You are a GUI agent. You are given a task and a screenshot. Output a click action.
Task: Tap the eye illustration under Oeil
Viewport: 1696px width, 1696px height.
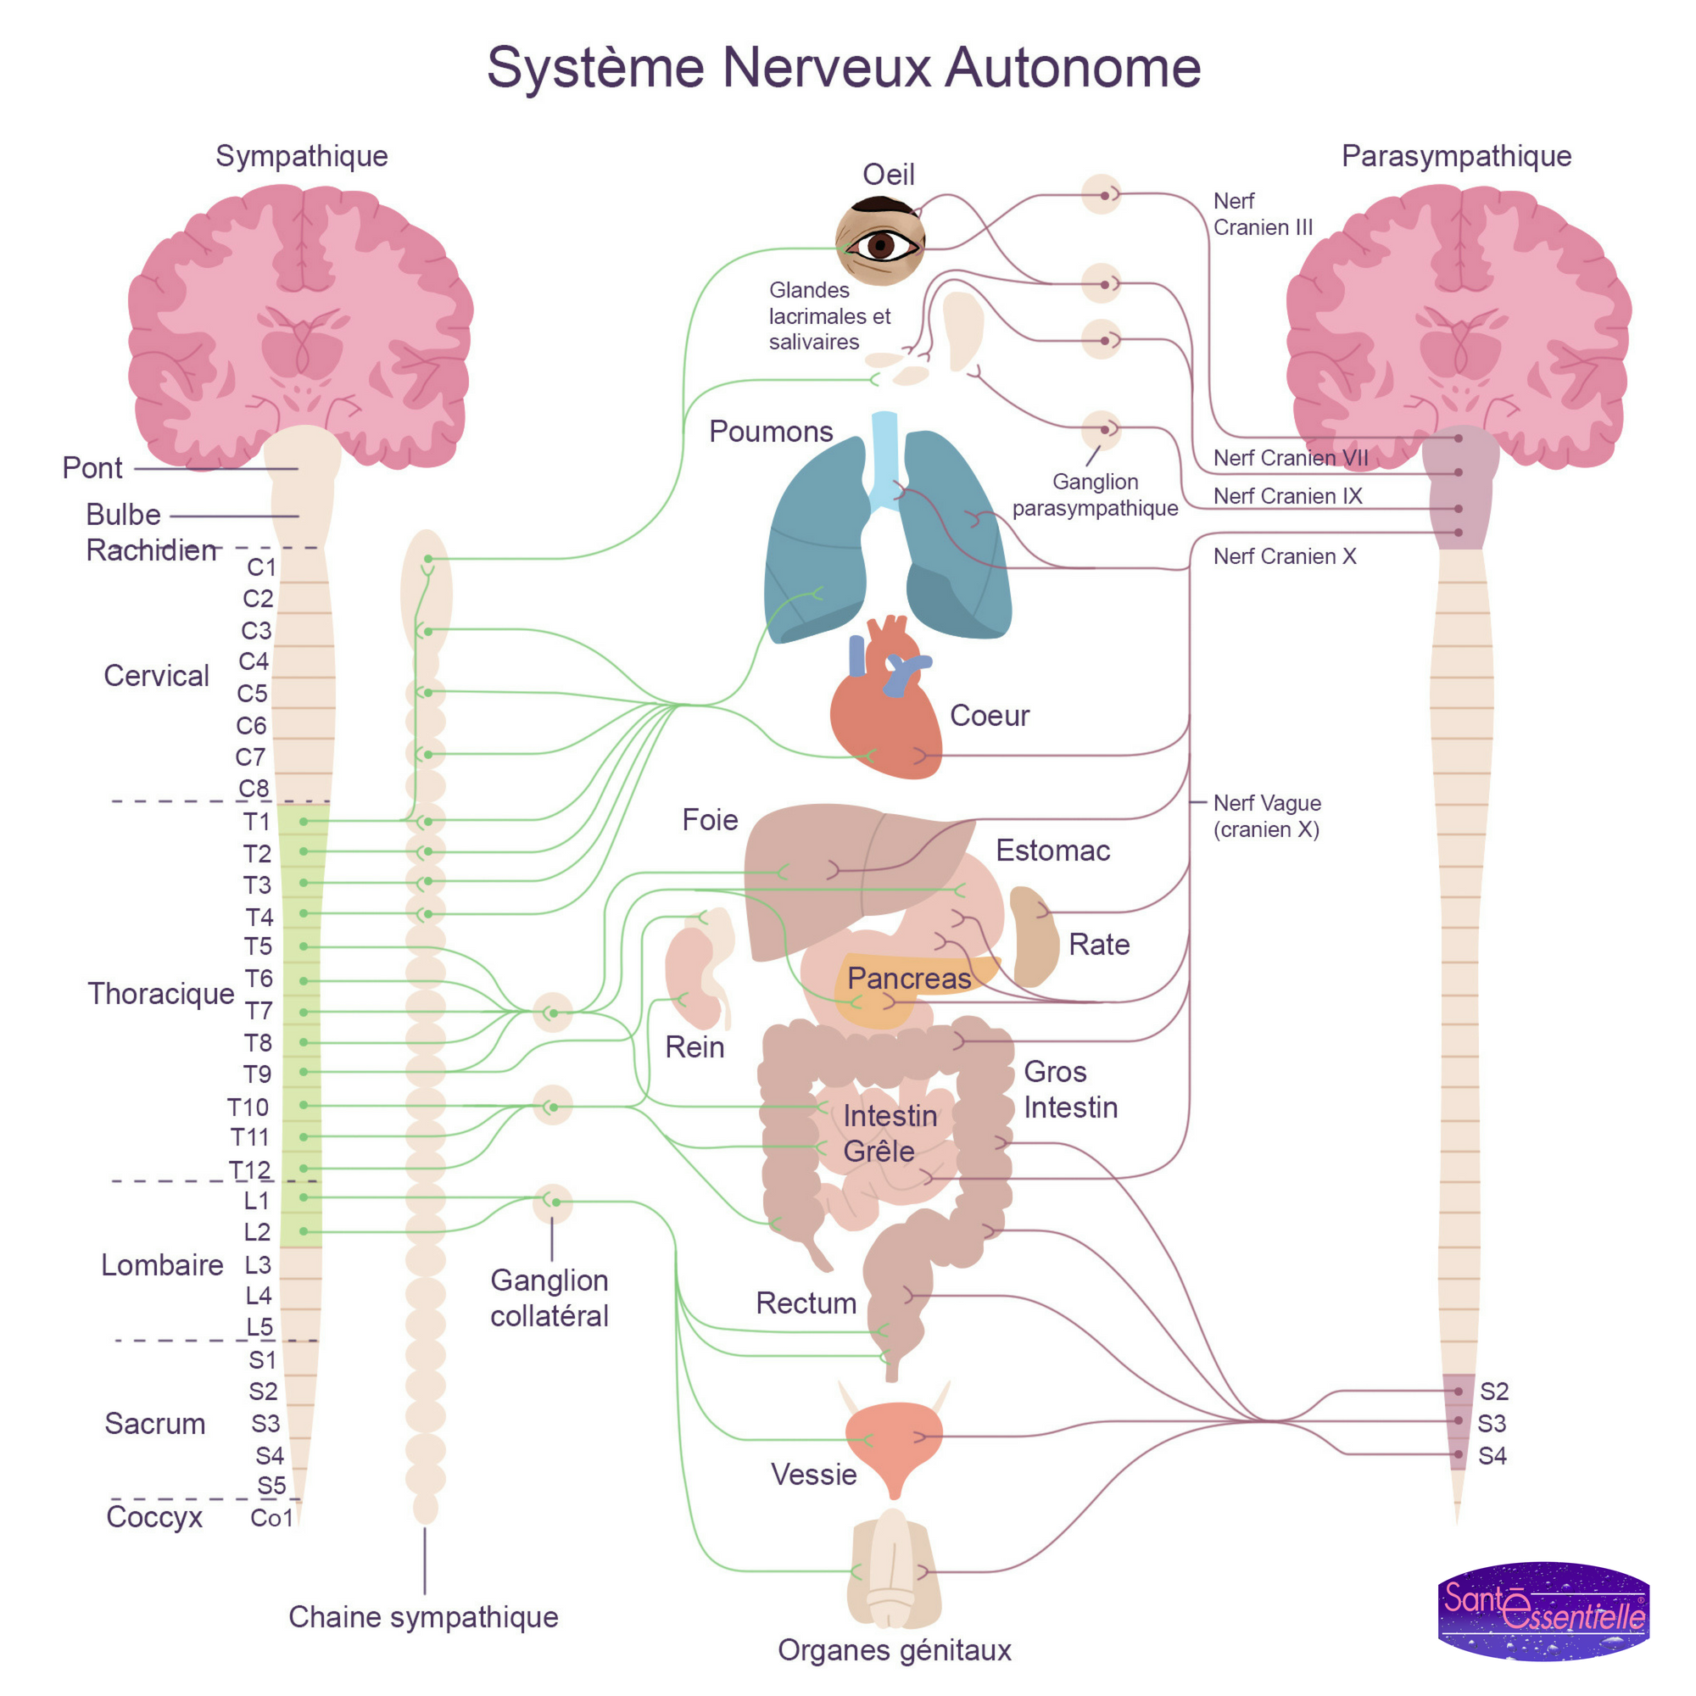point(880,243)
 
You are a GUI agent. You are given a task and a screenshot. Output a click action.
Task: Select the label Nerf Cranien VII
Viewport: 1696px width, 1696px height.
point(1290,457)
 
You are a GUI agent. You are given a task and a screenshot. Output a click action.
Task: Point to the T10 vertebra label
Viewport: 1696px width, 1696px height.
point(248,1107)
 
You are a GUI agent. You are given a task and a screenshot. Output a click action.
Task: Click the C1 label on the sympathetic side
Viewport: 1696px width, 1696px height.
point(260,567)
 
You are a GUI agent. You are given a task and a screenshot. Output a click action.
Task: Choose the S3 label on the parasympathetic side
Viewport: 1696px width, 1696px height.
point(1492,1423)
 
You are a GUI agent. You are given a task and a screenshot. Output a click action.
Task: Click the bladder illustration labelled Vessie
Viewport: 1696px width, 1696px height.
point(894,1440)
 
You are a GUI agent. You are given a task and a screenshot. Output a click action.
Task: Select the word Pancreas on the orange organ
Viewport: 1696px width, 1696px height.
point(908,978)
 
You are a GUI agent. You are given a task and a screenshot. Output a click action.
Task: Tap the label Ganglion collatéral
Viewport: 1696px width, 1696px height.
point(549,1297)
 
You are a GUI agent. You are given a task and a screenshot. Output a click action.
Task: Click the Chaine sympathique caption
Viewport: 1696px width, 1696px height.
point(423,1616)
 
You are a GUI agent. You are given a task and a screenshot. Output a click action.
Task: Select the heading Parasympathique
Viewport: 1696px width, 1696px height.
point(1455,155)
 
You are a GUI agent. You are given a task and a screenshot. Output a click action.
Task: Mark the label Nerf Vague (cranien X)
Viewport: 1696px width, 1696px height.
point(1266,816)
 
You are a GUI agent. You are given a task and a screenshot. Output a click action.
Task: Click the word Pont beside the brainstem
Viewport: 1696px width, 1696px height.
point(92,468)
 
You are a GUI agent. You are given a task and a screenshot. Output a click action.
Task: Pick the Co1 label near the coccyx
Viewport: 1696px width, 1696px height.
point(271,1518)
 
